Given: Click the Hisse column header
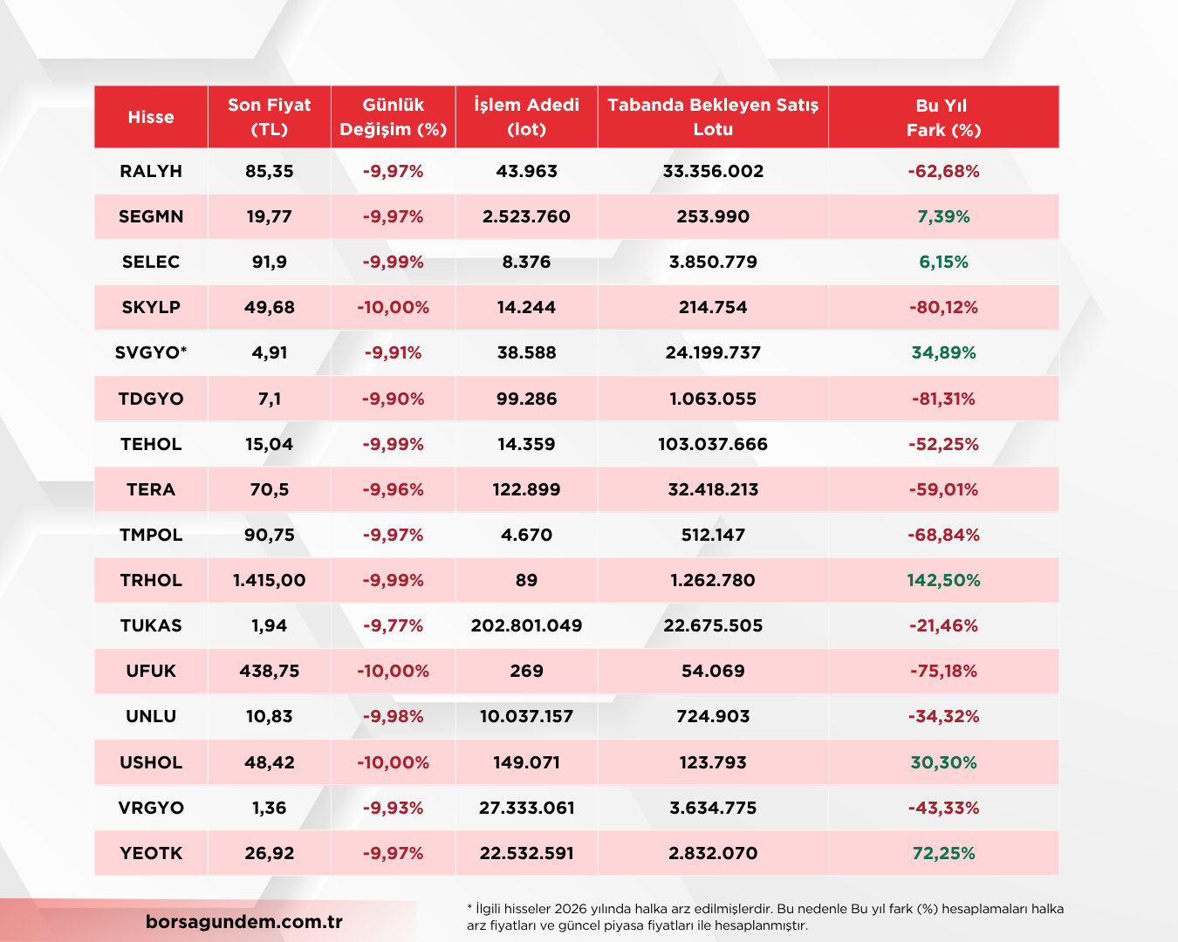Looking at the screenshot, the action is click(x=151, y=117).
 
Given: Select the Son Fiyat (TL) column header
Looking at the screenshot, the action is click(x=270, y=117).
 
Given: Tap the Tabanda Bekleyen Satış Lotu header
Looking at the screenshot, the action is click(x=713, y=117).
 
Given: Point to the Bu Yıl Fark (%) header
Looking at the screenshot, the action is click(x=943, y=117).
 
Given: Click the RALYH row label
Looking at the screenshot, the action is click(x=151, y=171).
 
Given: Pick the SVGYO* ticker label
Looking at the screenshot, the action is click(x=151, y=352).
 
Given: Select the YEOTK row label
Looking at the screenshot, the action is click(x=151, y=853).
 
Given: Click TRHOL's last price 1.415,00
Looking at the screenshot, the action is click(x=270, y=580).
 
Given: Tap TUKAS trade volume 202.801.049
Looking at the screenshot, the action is click(x=526, y=625).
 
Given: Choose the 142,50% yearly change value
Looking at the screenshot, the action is click(x=943, y=580).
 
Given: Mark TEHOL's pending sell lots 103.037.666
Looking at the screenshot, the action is click(x=713, y=444).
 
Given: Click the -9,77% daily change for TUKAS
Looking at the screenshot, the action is click(x=393, y=625).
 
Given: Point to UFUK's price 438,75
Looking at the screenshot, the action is click(x=270, y=671).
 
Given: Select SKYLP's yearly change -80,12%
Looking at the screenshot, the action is click(x=943, y=307).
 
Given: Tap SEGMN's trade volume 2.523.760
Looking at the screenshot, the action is click(x=526, y=217).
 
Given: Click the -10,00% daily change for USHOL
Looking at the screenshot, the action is click(x=393, y=762).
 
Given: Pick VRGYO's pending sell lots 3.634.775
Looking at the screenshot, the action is click(x=713, y=808).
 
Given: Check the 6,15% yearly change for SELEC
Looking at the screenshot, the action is click(x=943, y=263).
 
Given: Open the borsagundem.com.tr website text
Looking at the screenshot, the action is click(x=244, y=922).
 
